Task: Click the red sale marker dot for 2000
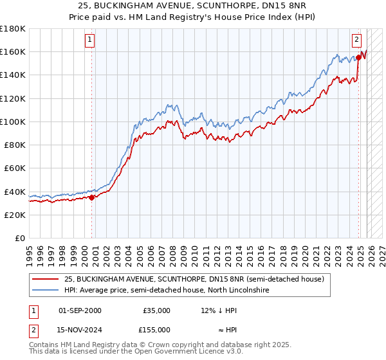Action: [x=91, y=197]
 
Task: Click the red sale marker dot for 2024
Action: [x=358, y=58]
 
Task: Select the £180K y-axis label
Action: [x=13, y=29]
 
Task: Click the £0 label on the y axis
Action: [x=19, y=238]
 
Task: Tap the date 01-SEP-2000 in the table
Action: [x=79, y=310]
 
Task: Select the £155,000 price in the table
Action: [x=156, y=329]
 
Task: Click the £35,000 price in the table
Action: [x=156, y=310]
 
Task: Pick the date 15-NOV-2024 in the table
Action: [x=79, y=329]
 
